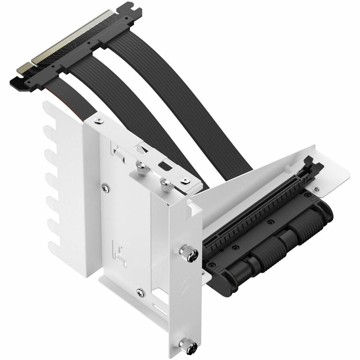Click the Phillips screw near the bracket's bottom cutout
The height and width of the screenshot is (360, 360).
(139, 292)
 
